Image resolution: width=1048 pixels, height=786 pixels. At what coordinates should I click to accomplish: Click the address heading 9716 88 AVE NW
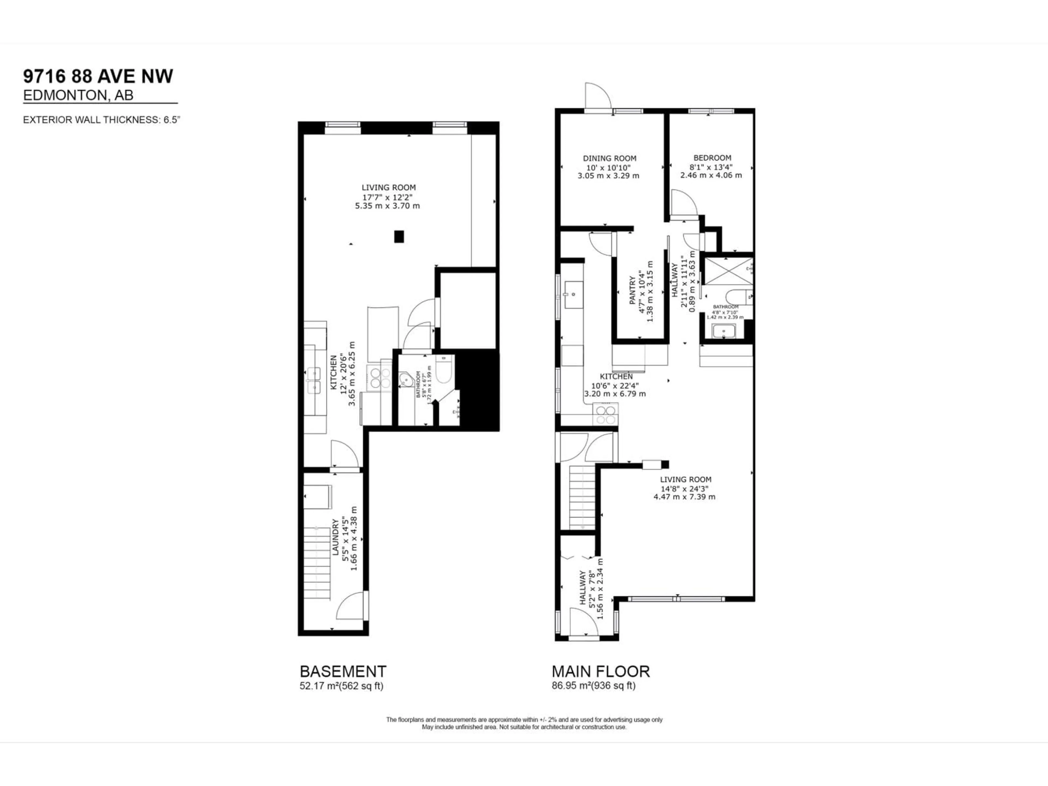coord(98,76)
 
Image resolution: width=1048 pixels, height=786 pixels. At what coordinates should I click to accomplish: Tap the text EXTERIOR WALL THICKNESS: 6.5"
coord(102,120)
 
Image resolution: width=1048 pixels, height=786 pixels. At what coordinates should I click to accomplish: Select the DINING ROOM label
coord(609,158)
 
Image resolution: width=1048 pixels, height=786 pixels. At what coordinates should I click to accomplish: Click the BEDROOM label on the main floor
coord(712,158)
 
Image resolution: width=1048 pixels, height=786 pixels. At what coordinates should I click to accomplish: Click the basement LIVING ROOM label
coord(389,187)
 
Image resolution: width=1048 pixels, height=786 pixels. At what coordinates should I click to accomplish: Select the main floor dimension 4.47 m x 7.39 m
coord(684,497)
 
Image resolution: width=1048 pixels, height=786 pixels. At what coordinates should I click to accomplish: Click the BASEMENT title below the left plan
coord(343,671)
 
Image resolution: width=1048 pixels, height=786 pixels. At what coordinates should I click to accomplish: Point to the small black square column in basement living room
coord(399,236)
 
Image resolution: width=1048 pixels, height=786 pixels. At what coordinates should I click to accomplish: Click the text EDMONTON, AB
coord(78,95)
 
